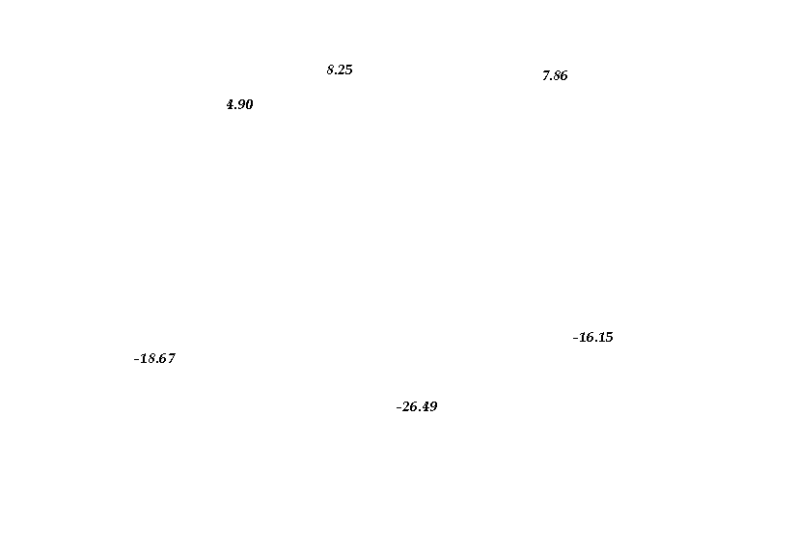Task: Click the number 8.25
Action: pyautogui.click(x=340, y=69)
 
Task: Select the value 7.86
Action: pyautogui.click(x=555, y=75)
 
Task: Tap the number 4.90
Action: pyautogui.click(x=239, y=104)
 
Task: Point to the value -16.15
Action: pyautogui.click(x=593, y=337)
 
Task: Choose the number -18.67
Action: pyautogui.click(x=154, y=358)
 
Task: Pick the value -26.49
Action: pyautogui.click(x=417, y=406)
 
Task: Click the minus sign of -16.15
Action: pyautogui.click(x=575, y=339)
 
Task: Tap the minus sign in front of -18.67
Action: pyautogui.click(x=136, y=360)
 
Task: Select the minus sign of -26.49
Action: pyautogui.click(x=398, y=407)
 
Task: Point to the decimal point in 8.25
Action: pyautogui.click(x=336, y=73)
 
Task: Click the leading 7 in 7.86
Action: pyautogui.click(x=546, y=75)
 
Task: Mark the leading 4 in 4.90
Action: pyautogui.click(x=231, y=104)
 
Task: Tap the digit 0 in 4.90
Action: pyautogui.click(x=249, y=104)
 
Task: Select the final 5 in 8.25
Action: pyautogui.click(x=348, y=69)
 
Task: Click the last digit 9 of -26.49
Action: pyautogui.click(x=433, y=406)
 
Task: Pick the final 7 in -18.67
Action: pyautogui.click(x=171, y=358)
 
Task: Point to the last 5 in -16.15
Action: pyautogui.click(x=609, y=337)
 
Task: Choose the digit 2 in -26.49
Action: pyautogui.click(x=406, y=406)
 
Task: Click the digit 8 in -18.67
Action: pyautogui.click(x=151, y=358)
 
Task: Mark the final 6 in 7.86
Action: pyautogui.click(x=563, y=75)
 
